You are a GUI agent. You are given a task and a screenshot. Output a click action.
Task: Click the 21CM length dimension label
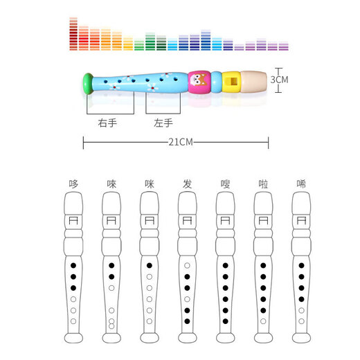[176, 142]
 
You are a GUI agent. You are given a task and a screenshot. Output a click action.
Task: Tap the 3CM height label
[278, 80]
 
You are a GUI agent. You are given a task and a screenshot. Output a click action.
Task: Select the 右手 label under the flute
[107, 123]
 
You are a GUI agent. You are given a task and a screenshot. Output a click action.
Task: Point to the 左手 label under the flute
[163, 123]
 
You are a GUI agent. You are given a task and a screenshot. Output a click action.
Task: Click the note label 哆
[73, 184]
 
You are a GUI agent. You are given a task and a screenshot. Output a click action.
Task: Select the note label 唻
[111, 184]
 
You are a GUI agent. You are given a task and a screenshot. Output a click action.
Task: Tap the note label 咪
[149, 184]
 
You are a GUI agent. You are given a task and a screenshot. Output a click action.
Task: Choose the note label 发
[186, 184]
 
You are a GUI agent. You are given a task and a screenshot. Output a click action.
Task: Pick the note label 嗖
[224, 184]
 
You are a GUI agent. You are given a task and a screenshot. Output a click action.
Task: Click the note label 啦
[262, 184]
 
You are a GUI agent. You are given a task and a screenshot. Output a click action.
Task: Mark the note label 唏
[300, 184]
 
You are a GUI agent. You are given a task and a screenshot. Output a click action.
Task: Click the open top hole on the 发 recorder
[186, 265]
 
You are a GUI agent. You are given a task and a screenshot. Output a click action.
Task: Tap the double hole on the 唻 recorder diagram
[111, 323]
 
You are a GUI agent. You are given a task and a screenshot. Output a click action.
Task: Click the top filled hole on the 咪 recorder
[149, 265]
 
